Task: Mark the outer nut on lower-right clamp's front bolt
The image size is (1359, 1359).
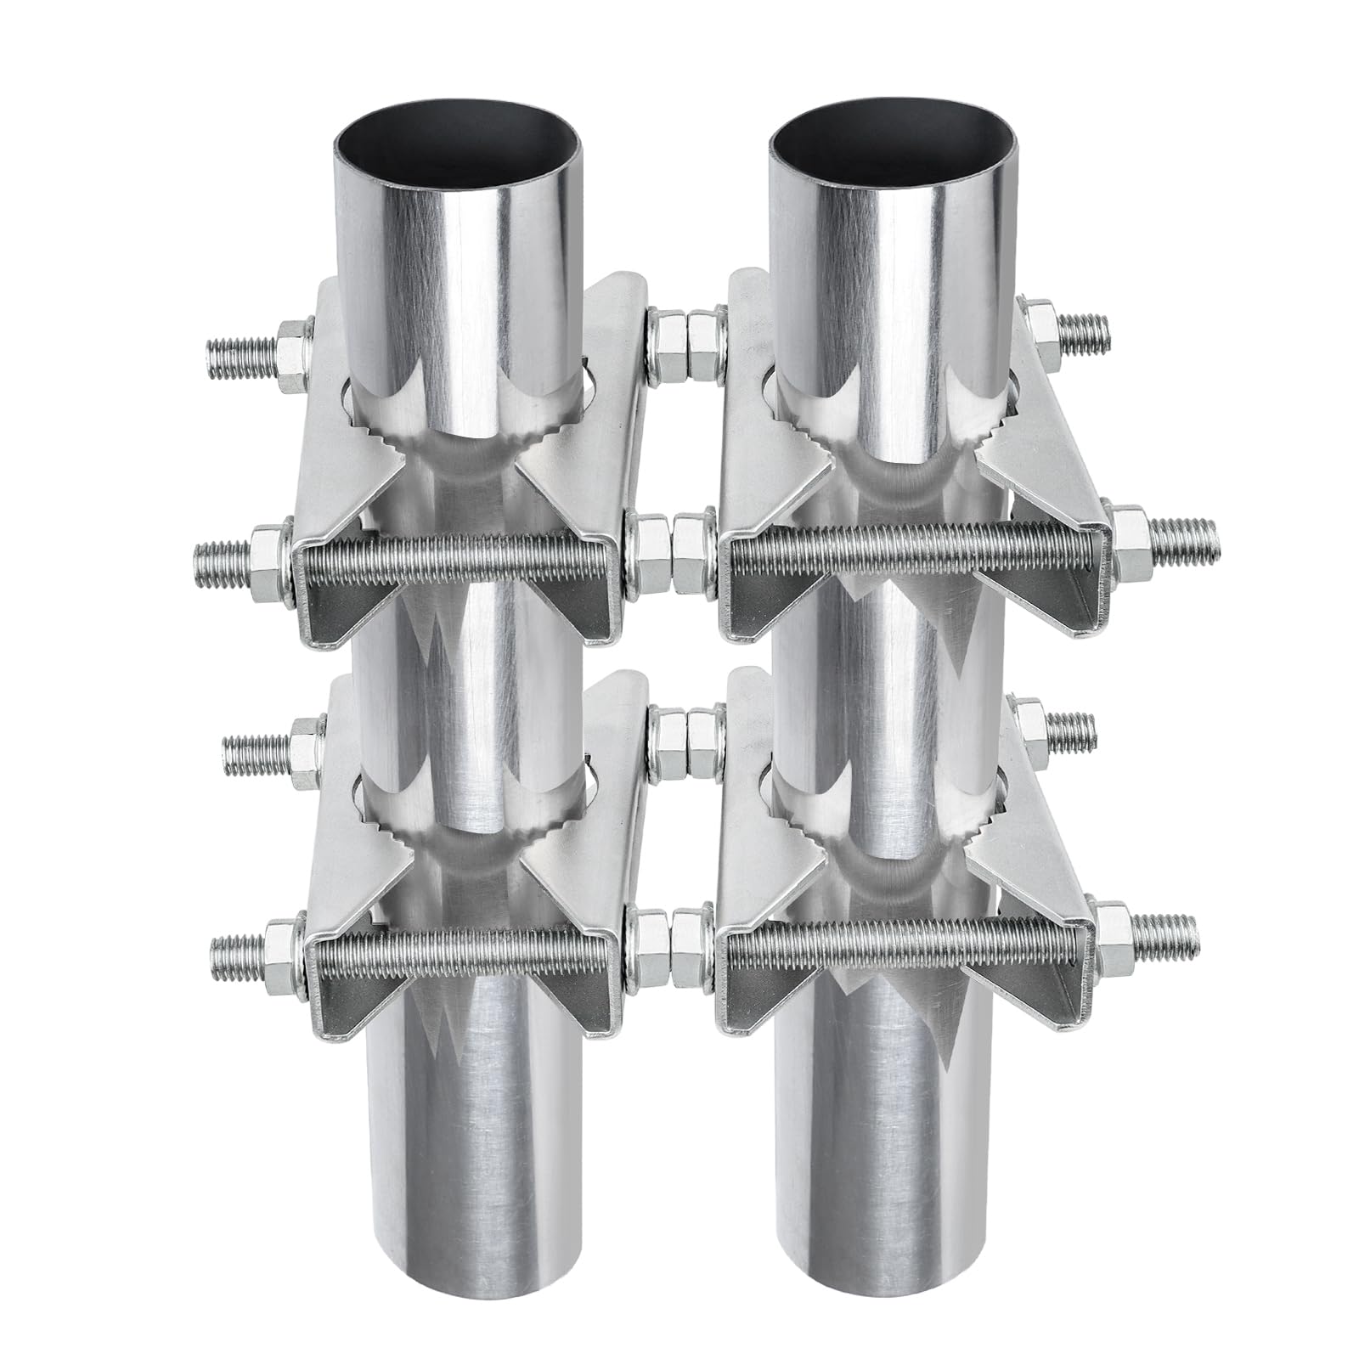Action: pyautogui.click(x=1113, y=926)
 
